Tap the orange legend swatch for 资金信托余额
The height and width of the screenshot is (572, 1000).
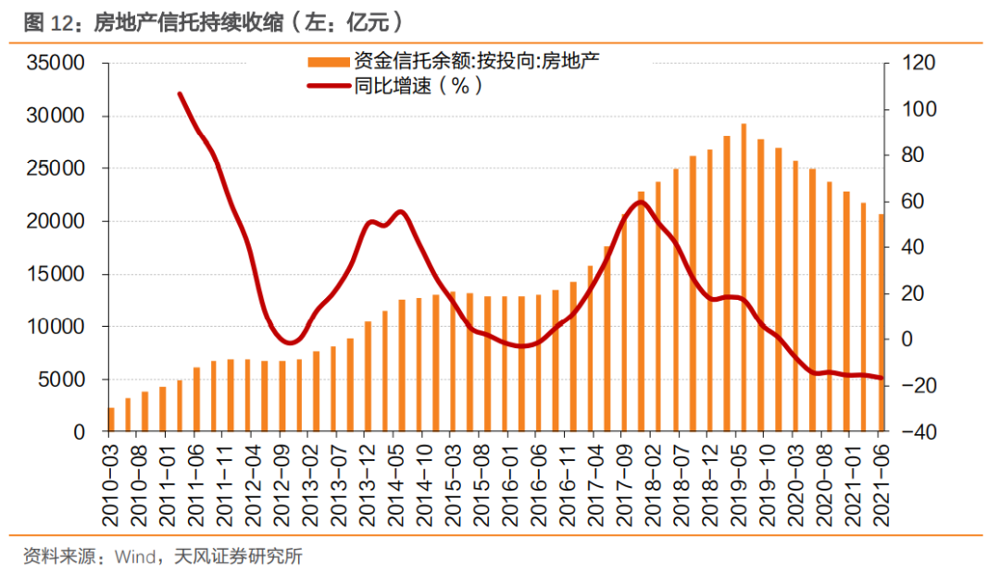pyautogui.click(x=329, y=62)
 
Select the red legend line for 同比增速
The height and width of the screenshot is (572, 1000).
pyautogui.click(x=329, y=85)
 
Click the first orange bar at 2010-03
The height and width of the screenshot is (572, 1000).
pyautogui.click(x=111, y=419)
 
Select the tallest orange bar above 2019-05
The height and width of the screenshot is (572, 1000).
pyautogui.click(x=744, y=278)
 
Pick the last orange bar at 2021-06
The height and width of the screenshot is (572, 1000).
pyautogui.click(x=881, y=323)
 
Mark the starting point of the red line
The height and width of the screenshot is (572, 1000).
pyautogui.click(x=180, y=93)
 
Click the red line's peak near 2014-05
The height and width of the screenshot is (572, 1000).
pyautogui.click(x=400, y=212)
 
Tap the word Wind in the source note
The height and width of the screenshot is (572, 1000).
pyautogui.click(x=134, y=556)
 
